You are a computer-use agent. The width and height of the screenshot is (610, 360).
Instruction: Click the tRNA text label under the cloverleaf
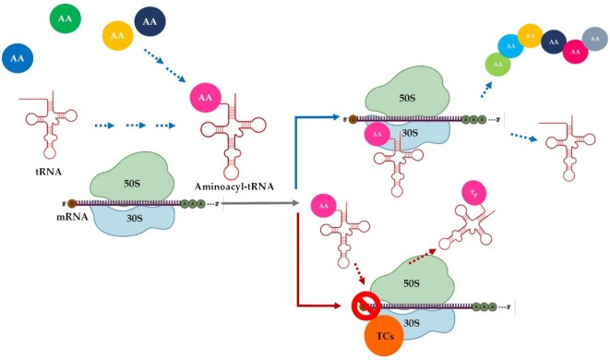point(37,172)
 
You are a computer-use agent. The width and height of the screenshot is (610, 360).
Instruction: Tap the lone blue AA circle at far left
point(18,59)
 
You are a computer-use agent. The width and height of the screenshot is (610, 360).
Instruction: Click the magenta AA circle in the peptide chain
point(574,52)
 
